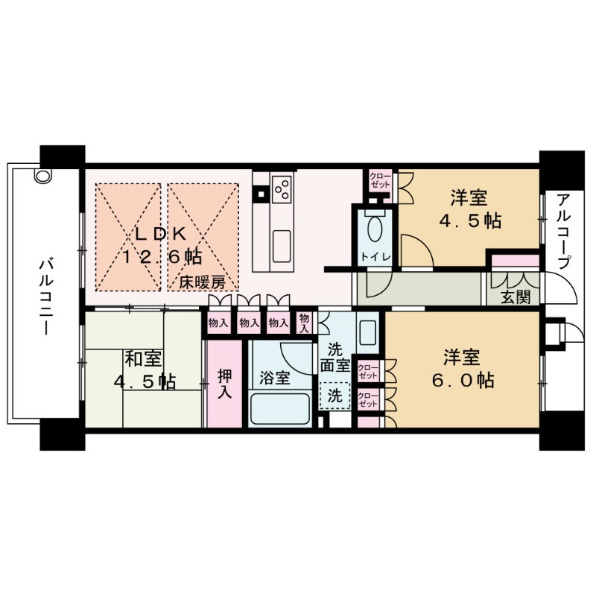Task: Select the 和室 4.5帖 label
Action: point(144,370)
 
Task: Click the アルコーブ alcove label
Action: point(564,232)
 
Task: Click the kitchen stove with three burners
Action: point(282,188)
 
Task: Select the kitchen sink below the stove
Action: point(282,242)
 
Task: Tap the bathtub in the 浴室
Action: point(279,409)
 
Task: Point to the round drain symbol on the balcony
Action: point(42,177)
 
